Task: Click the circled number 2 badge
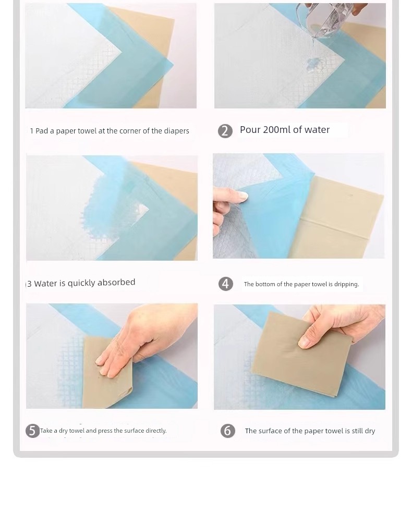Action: pos(225,131)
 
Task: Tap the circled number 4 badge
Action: pos(226,284)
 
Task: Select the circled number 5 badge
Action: pos(32,431)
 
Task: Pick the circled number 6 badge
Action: pos(228,431)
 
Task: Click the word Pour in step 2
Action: pos(250,130)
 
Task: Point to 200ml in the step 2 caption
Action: pos(276,130)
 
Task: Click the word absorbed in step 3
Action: pos(116,282)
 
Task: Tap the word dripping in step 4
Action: pos(346,284)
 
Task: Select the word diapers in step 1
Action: pos(176,131)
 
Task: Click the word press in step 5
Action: pos(105,431)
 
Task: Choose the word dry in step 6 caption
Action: pos(370,431)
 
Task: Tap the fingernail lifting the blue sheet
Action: pos(243,196)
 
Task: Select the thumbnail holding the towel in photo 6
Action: pos(304,342)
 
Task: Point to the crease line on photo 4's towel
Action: pos(341,227)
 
